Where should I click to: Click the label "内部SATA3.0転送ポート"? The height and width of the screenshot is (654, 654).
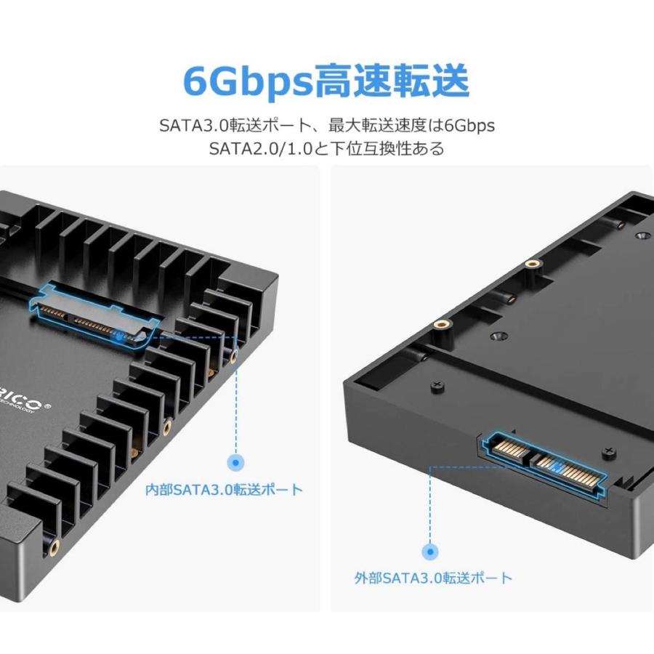click(x=224, y=489)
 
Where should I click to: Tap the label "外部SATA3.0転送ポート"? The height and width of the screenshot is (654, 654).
click(x=433, y=578)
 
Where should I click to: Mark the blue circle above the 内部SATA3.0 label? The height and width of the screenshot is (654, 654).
click(x=235, y=461)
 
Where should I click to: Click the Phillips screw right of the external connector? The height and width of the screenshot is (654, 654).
click(x=606, y=453)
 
